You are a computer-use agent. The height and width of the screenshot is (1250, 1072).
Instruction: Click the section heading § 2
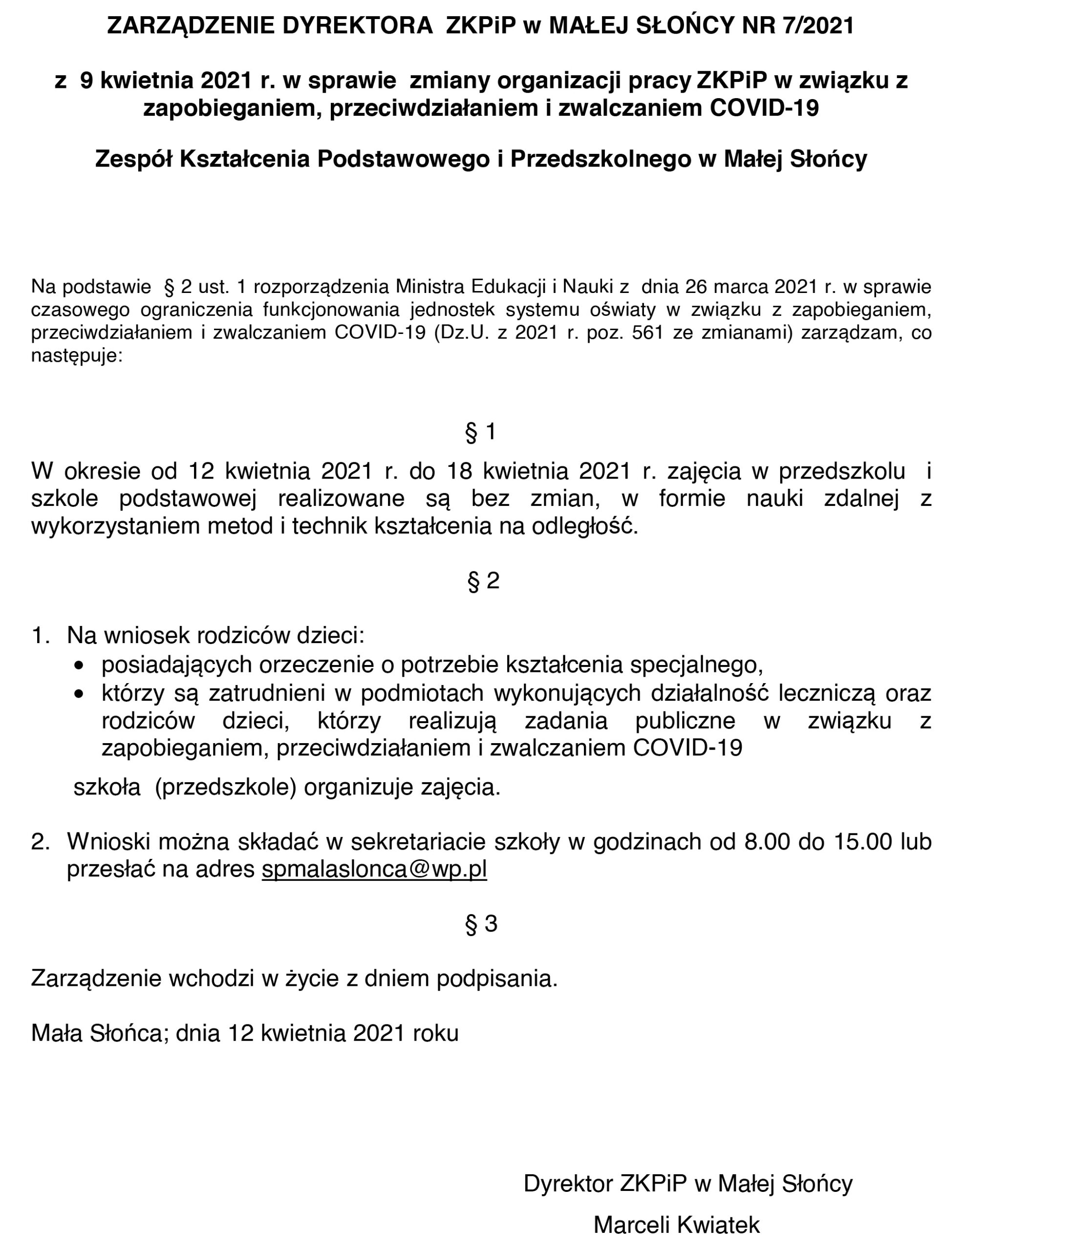click(483, 581)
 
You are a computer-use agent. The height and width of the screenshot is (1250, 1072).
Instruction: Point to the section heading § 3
click(481, 924)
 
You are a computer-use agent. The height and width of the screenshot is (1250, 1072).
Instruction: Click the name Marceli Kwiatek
click(677, 1225)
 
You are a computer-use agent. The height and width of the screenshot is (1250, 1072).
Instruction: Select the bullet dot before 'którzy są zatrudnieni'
click(79, 694)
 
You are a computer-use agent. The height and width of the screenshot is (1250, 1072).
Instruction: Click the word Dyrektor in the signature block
click(568, 1184)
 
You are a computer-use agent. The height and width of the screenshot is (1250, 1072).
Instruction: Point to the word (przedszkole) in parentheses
click(225, 788)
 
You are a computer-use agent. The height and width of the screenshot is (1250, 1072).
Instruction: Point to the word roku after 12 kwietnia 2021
click(435, 1033)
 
